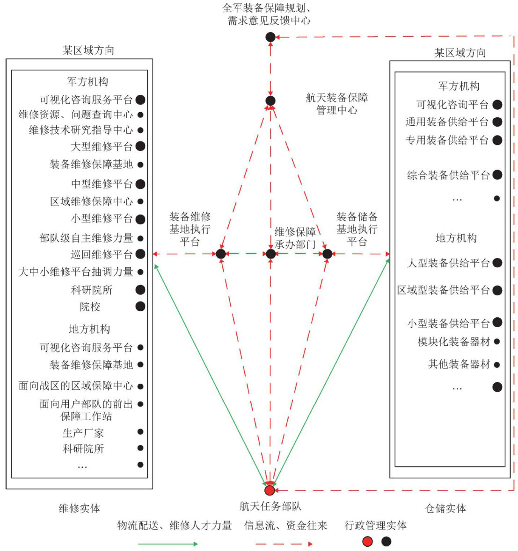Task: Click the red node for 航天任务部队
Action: [x=270, y=490]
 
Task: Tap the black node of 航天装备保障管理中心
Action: [x=270, y=100]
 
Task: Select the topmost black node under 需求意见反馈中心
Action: [x=270, y=37]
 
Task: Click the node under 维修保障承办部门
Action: [x=270, y=254]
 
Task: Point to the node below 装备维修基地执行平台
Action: [x=221, y=254]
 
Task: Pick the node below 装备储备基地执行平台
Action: [x=327, y=254]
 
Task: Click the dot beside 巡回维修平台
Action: [x=140, y=254]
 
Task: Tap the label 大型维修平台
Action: [x=102, y=146]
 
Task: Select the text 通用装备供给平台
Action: [x=447, y=122]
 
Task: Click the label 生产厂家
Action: [x=83, y=433]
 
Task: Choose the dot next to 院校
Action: [x=140, y=307]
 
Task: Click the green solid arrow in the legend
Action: [x=168, y=544]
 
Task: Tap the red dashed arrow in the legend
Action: [x=284, y=544]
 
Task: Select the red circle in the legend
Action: [x=368, y=542]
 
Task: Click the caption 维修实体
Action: [x=79, y=508]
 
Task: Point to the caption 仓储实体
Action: [x=445, y=508]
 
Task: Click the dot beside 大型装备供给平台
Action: [x=497, y=263]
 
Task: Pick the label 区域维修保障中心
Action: [x=92, y=201]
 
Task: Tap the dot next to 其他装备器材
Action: [x=496, y=365]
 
